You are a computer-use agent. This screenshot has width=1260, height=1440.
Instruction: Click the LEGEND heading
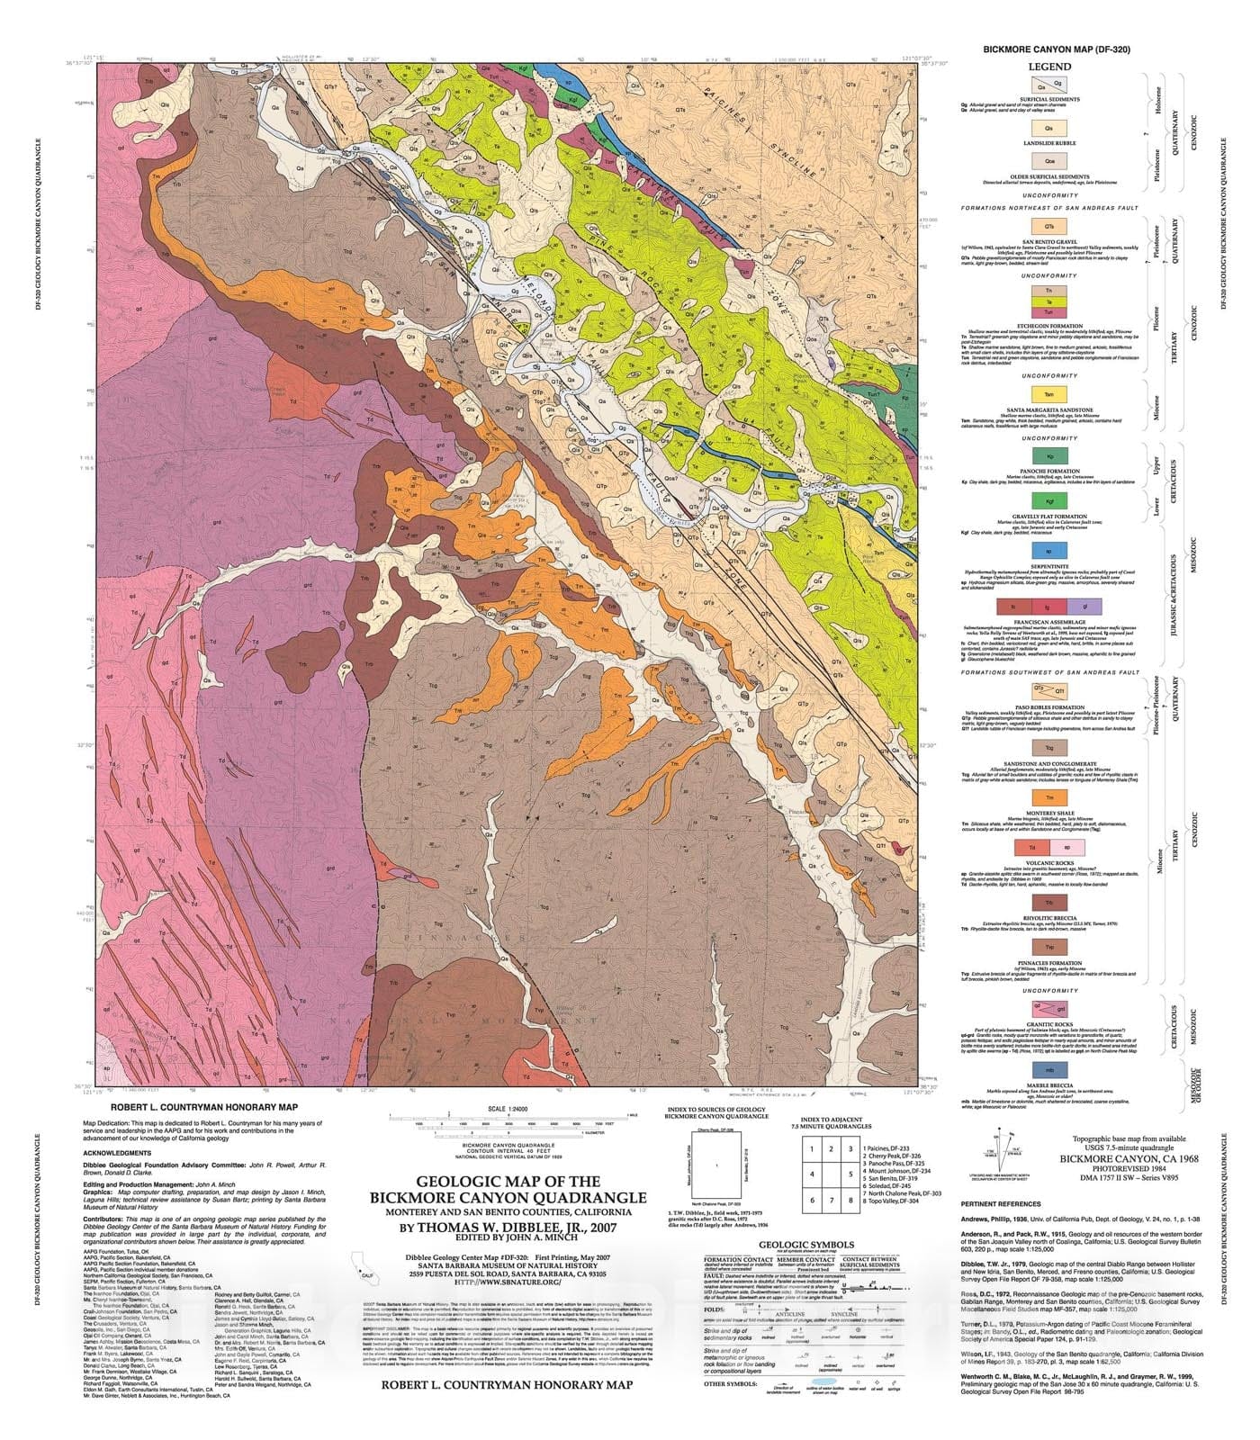[1049, 67]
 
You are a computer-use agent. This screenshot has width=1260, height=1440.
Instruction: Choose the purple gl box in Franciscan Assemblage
[1084, 609]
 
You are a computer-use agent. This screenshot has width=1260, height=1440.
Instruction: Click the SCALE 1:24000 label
[508, 1109]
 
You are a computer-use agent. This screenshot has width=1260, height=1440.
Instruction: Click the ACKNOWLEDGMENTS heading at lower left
[118, 1152]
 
